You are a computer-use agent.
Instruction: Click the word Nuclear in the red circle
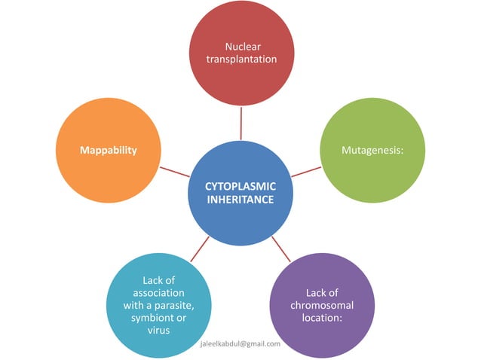click(x=241, y=46)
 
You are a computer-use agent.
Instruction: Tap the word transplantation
click(x=241, y=59)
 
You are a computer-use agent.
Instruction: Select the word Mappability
click(x=109, y=150)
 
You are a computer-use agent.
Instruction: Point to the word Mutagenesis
click(x=371, y=150)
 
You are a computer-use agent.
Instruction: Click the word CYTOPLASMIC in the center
click(x=240, y=186)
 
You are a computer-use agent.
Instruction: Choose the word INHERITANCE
click(x=240, y=200)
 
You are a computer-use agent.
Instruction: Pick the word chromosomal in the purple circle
click(x=322, y=305)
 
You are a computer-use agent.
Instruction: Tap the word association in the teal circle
click(x=158, y=292)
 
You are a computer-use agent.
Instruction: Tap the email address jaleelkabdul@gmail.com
click(x=240, y=343)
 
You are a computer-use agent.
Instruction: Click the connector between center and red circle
click(x=241, y=123)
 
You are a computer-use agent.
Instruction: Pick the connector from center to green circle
click(x=306, y=170)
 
